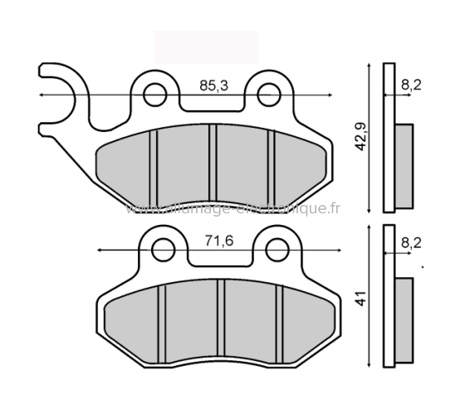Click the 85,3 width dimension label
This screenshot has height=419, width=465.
tap(213, 85)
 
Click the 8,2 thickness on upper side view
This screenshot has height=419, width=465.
tap(410, 84)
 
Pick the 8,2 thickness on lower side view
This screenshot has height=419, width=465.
tap(410, 242)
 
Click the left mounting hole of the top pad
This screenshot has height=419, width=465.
tap(154, 95)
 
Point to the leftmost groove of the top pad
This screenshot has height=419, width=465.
tap(154, 164)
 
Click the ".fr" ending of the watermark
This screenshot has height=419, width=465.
tap(332, 209)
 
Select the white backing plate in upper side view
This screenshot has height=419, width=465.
tap(388, 137)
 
